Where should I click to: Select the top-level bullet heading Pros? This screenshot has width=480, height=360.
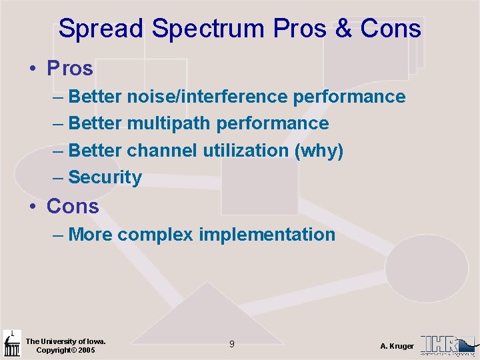click(x=69, y=68)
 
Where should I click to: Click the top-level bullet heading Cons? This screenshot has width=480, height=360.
click(x=72, y=207)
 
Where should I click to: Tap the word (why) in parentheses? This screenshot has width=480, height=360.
click(x=319, y=151)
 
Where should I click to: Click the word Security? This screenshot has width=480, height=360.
click(x=105, y=177)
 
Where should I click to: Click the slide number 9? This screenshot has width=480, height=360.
click(x=231, y=344)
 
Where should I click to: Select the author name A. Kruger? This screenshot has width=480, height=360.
click(x=397, y=346)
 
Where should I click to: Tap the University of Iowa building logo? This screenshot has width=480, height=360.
click(x=12, y=344)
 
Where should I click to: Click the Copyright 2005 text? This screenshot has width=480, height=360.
click(x=65, y=350)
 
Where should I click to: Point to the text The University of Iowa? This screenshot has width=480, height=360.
click(x=65, y=341)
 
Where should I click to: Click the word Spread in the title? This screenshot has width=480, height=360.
click(x=101, y=29)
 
